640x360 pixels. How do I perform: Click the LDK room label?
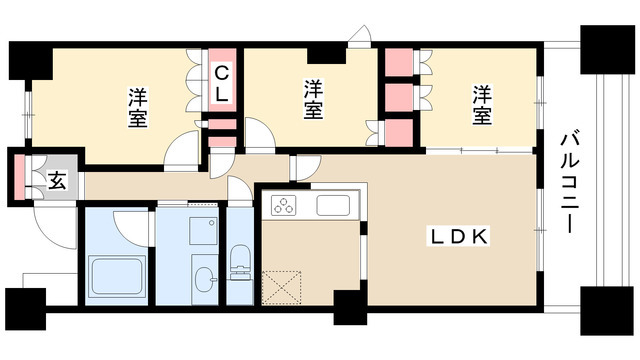click(x=459, y=237)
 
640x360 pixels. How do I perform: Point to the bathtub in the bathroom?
click(x=118, y=273)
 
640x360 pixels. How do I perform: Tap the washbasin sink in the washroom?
click(x=204, y=277)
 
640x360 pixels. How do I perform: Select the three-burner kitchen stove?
click(x=283, y=207)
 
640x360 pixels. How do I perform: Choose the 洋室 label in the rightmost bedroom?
click(x=482, y=104)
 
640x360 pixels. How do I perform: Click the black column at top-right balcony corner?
click(x=604, y=45)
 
